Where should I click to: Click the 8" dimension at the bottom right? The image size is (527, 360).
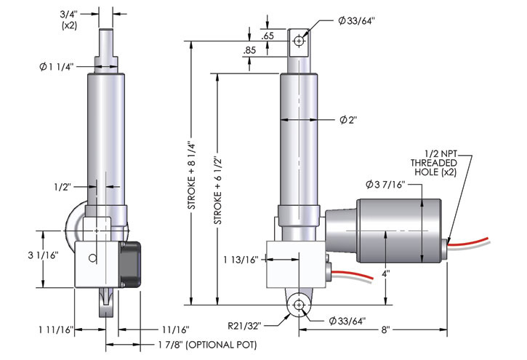tap(385, 329)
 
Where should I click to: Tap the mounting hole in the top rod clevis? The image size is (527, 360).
tap(298, 41)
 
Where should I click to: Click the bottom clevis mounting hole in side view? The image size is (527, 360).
tap(297, 306)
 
